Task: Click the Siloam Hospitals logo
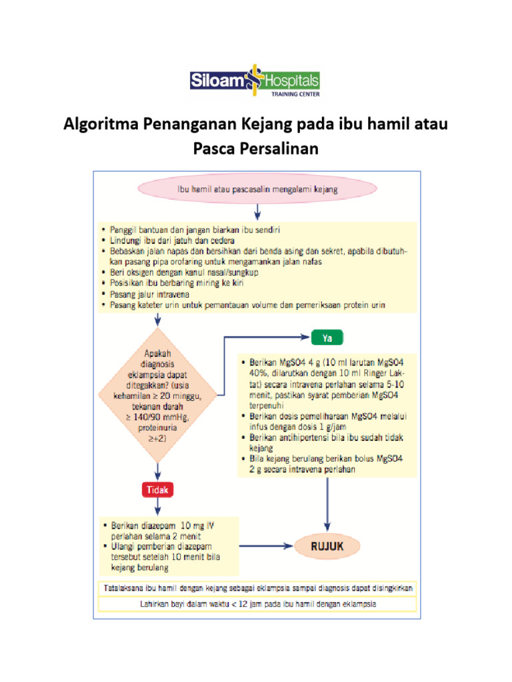point(255,82)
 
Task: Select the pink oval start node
point(257,189)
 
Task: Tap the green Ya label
point(327,338)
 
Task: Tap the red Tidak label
point(157,490)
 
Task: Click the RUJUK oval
point(327,547)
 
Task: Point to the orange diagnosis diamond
point(157,396)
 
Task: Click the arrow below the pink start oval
point(257,211)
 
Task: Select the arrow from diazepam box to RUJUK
point(265,547)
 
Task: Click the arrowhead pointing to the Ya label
point(305,338)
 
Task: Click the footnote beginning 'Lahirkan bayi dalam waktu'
point(257,605)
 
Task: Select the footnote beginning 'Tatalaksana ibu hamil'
point(257,589)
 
